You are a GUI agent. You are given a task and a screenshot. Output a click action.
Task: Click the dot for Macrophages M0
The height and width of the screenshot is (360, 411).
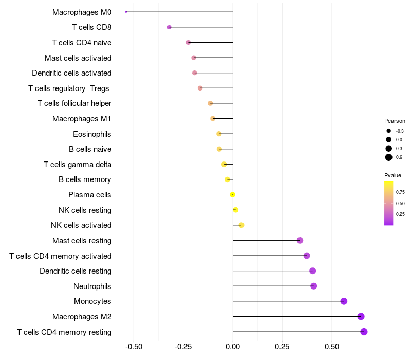126,12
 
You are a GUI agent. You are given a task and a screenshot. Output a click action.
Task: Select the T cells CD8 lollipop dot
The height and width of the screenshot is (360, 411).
170,27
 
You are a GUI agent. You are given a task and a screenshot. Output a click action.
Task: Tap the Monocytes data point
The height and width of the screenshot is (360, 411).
344,301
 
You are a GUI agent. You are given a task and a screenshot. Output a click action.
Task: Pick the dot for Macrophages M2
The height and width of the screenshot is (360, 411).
361,317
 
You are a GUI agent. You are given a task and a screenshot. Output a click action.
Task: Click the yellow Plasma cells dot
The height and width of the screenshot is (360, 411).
232,195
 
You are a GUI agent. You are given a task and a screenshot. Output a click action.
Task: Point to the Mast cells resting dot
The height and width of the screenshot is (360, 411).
300,241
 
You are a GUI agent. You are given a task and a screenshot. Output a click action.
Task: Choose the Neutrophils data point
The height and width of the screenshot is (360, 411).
314,286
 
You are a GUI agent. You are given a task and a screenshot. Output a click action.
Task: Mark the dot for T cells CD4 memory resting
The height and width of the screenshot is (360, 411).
364,332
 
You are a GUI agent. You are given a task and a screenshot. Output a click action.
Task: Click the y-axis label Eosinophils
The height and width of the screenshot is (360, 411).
92,134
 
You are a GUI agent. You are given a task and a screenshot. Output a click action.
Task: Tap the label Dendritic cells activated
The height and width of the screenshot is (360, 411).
72,73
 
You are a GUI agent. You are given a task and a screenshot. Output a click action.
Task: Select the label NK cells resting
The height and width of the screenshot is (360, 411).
85,210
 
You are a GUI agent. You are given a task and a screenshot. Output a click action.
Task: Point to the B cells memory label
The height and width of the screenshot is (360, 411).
85,180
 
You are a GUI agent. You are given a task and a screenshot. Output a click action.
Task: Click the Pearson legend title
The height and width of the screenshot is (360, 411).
395,121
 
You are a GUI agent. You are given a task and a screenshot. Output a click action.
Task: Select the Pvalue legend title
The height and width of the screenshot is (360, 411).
393,175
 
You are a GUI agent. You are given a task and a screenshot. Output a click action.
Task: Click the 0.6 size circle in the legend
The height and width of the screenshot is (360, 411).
389,157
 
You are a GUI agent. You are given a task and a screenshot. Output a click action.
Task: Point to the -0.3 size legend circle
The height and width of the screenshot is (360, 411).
389,131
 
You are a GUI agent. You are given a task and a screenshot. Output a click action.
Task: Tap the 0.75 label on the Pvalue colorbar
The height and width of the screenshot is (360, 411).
400,192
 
